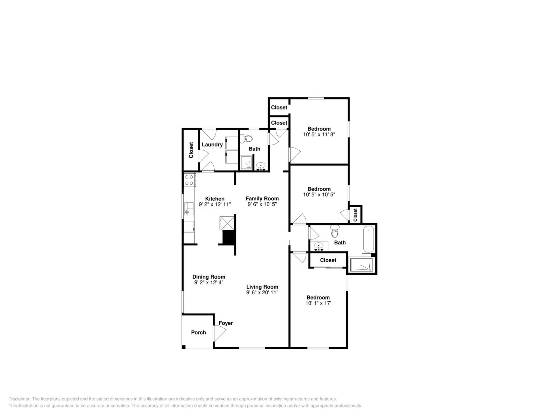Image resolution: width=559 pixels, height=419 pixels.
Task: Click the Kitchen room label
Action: pos(215,199)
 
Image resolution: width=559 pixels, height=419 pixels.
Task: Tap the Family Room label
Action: pos(262,199)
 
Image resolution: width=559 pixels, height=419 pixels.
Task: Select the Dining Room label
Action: pos(209,277)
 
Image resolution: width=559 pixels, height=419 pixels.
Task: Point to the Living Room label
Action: pos(262,287)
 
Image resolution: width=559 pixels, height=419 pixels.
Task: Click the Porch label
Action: pos(198,332)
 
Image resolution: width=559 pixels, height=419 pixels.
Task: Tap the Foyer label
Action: pos(226,323)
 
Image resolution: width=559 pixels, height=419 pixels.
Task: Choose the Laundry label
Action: pos(212,145)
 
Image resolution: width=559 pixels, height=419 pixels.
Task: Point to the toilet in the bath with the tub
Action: pos(335,231)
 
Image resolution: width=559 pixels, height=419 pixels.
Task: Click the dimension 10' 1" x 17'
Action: pos(318,303)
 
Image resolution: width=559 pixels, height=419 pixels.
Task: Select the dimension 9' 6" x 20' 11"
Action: pos(262,293)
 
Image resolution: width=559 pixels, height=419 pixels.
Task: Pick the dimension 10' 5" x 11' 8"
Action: pos(319,134)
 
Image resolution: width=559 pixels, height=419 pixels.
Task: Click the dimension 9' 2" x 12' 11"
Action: pos(215,204)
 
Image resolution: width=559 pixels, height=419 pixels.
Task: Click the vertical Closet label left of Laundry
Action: pos(191,150)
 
